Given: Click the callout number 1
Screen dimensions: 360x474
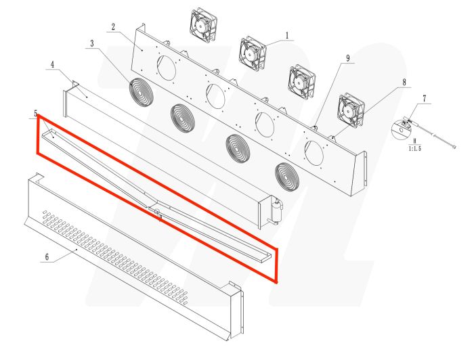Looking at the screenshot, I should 286,35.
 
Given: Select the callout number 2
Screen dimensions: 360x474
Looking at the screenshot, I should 112,28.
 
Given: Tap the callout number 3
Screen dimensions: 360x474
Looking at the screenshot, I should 91,44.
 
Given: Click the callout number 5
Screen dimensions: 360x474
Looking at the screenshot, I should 35,113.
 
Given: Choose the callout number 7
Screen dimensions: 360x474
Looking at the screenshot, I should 425,99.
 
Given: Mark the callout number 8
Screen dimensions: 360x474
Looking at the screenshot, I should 404,82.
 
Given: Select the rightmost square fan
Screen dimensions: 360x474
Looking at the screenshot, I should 351,108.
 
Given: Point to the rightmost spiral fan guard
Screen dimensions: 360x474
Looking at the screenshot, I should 287,175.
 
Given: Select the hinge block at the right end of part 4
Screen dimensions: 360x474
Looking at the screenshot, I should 276,211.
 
